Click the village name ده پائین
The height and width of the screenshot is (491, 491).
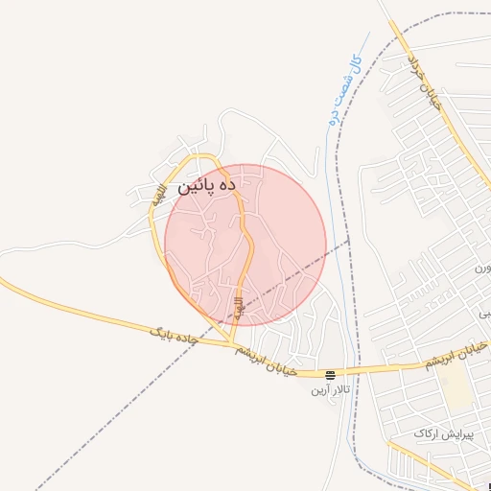coord(205,186)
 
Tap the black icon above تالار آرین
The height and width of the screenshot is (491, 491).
coord(330,375)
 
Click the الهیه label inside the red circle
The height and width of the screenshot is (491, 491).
coord(239,307)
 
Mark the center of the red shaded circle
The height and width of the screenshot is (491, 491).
coord(245,245)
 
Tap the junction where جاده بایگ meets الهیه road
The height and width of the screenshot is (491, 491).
coord(233,343)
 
